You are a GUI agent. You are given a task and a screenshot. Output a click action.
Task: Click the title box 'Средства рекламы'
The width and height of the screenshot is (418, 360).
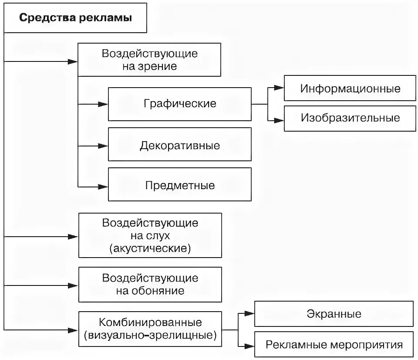75,19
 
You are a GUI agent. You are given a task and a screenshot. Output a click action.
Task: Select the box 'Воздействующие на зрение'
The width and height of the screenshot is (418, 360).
150,60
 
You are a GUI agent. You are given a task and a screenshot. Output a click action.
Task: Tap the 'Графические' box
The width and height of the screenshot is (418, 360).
179,104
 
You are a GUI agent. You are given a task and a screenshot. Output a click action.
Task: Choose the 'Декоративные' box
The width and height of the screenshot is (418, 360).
179,145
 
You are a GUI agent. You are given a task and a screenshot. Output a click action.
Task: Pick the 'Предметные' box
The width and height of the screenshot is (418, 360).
179,185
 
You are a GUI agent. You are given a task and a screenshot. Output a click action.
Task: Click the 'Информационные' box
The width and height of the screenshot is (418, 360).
350,88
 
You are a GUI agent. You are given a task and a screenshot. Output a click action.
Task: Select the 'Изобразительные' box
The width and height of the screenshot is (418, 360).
350,118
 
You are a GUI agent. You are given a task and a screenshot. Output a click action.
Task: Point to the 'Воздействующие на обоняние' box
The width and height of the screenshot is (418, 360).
150,284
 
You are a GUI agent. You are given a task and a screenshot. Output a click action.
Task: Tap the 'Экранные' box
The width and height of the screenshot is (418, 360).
334,313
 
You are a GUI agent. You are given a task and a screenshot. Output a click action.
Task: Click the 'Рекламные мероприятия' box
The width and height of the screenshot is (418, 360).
334,345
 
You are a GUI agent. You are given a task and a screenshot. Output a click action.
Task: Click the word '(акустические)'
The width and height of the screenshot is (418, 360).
150,248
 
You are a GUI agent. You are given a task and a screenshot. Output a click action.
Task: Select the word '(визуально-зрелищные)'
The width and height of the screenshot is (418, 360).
150,336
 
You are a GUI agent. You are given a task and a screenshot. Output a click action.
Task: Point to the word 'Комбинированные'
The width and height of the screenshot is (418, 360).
150,323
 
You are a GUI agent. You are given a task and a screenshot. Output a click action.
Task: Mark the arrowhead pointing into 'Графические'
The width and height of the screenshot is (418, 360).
103,104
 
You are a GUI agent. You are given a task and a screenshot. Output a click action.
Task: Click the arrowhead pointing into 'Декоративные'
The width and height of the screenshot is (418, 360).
103,145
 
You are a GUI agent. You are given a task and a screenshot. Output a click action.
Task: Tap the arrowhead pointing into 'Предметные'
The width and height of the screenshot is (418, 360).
103,187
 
